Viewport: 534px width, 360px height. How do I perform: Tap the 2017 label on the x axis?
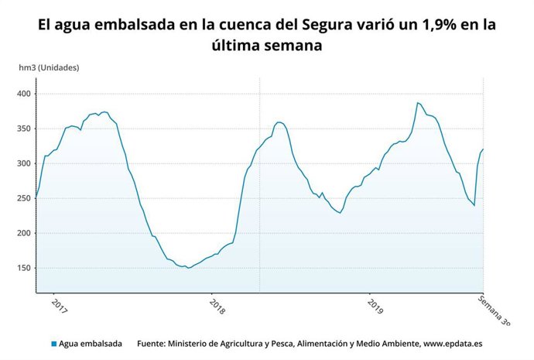[x=60, y=307]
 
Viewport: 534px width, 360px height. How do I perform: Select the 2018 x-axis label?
[x=217, y=307]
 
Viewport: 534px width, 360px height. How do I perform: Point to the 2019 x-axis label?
[x=375, y=307]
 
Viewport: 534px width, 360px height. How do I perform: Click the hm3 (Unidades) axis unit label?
[x=49, y=67]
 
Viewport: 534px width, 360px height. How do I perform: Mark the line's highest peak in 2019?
[x=418, y=102]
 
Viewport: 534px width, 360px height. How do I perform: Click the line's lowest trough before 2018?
[x=188, y=268]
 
